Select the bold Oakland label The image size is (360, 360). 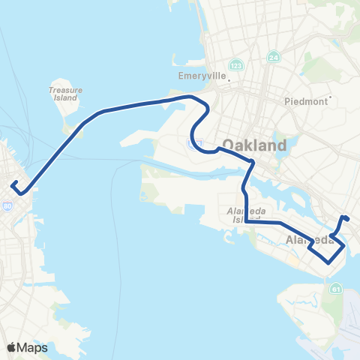coord(254,145)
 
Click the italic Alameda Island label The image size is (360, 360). coord(241,215)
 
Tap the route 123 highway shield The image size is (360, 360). coord(237,65)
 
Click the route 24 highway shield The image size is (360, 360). coord(271,56)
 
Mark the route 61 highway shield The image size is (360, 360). coord(335,289)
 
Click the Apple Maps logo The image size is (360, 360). coord(27,347)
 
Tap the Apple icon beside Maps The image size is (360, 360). coord(12,346)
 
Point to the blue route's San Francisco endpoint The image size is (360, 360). coord(13,182)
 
